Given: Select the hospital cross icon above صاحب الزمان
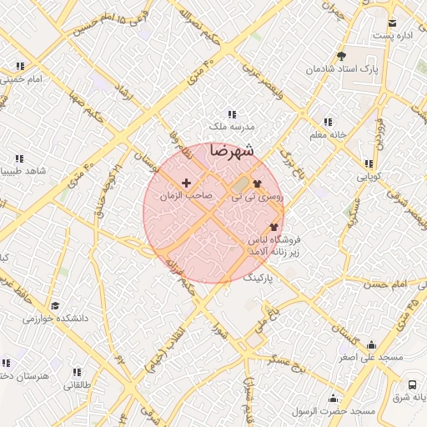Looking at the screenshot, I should (185, 182).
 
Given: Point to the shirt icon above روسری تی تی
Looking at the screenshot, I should (256, 183).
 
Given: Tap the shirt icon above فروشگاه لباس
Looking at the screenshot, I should (274, 226).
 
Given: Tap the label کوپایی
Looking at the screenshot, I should (368, 177).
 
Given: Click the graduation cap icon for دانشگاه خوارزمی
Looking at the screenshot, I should (55, 306).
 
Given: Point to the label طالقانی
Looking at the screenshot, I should (76, 385).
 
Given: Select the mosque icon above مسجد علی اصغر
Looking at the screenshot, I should (371, 345).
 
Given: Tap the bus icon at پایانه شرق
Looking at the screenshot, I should (412, 384).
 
